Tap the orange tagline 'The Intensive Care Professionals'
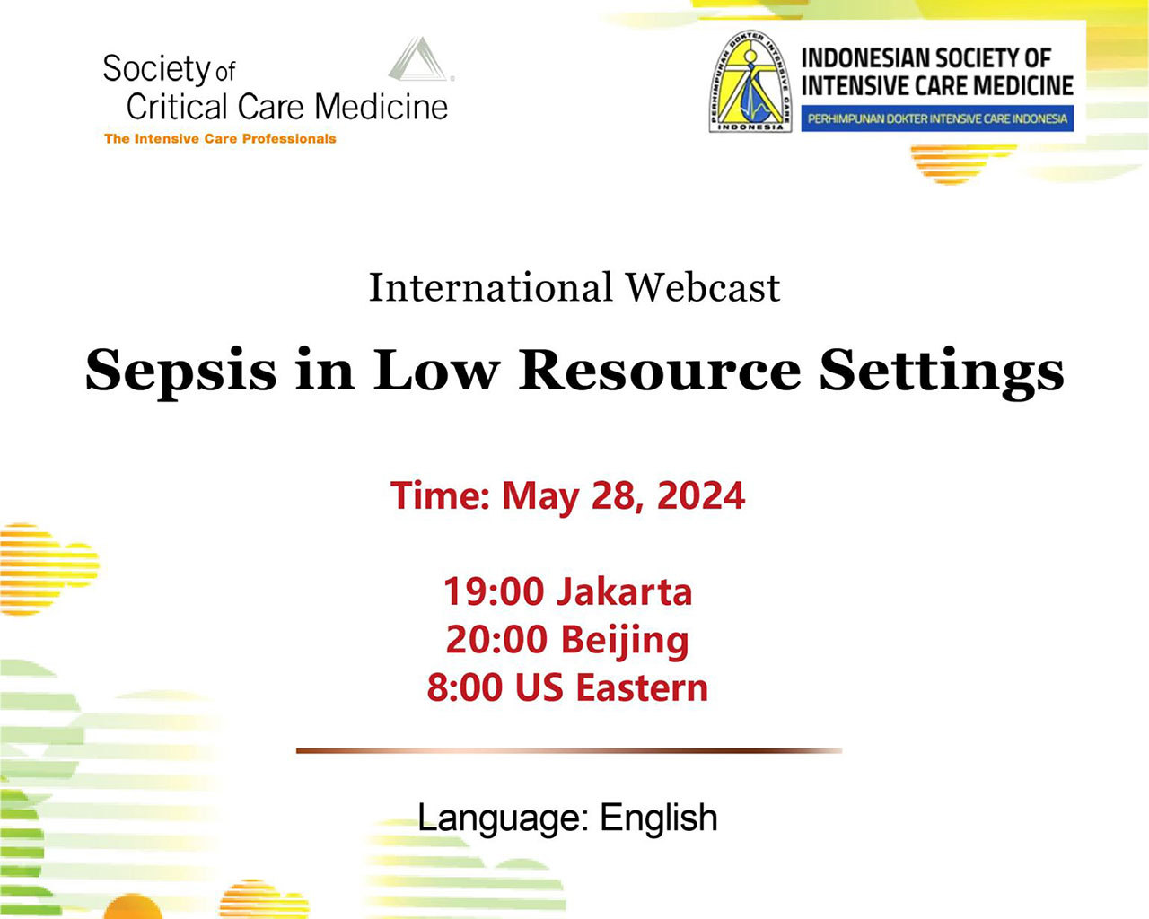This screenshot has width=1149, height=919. coord(220,139)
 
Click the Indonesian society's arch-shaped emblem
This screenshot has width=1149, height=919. coord(750,81)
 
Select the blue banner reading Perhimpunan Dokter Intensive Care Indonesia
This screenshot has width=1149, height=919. coord(937,118)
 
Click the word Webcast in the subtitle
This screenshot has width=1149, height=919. coord(703,288)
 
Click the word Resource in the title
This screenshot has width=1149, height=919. coord(660,370)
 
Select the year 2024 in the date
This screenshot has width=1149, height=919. coord(701,495)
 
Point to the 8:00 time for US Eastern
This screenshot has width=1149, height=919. coord(464,687)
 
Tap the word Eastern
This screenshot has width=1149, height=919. coord(642,687)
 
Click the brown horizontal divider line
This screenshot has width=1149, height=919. coord(569,751)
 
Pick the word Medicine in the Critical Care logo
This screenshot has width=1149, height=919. coord(382,107)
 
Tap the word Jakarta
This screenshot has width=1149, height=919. coord(624,591)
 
